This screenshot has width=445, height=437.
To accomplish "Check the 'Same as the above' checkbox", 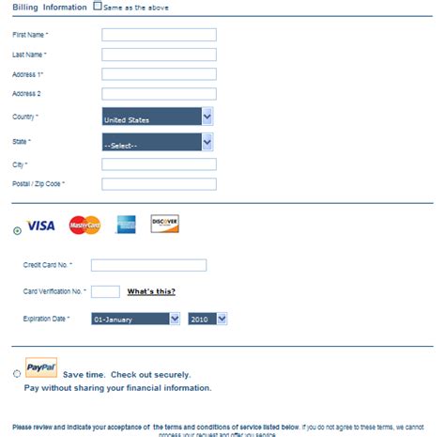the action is point(99,6).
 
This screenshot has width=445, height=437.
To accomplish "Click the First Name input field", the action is point(159,35).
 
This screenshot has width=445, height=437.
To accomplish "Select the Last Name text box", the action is point(159,55).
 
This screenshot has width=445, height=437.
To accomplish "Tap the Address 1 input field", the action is point(159,74).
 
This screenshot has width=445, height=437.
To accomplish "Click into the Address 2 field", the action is point(159,94).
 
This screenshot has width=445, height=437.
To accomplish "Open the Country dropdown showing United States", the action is point(157,117).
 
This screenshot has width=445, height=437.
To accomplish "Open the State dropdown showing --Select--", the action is point(157,142).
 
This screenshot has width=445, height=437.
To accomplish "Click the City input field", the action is point(159,164).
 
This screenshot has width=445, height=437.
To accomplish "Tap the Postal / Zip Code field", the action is point(159,184).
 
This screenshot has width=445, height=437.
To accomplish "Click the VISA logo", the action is point(40,226).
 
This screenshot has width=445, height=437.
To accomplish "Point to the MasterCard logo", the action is point(84,226).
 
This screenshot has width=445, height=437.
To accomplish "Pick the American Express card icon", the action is point(126,225).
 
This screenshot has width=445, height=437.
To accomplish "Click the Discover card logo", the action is point(164,224).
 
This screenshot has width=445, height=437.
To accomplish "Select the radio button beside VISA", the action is point(18,228).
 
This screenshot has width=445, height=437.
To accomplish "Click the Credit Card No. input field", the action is point(148,266).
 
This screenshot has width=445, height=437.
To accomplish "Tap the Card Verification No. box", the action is point(105,291).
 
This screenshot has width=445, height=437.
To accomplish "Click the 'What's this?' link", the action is point(151,291).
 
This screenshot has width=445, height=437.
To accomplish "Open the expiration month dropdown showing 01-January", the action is point(135,320).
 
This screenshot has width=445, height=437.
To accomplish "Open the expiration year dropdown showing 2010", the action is point(207,320).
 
